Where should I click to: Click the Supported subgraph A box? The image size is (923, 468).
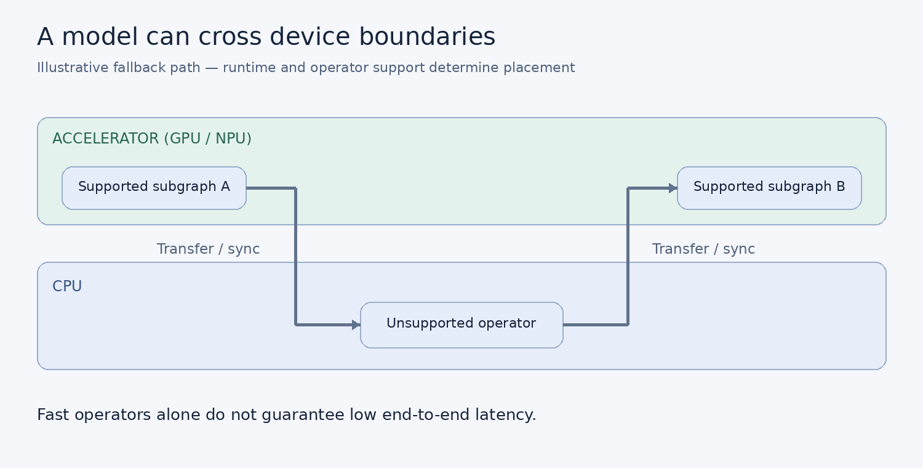coord(154,188)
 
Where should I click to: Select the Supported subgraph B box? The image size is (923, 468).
coord(769,188)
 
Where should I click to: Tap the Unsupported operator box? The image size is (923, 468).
coord(461,325)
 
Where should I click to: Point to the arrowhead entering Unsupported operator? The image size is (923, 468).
coord(356,325)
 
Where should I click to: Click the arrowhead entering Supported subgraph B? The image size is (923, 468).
coord(673,188)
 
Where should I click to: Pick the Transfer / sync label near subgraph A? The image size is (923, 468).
coord(208,249)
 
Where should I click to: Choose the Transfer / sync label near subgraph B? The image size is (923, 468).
coord(703,249)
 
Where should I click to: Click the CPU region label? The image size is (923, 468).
coord(67,286)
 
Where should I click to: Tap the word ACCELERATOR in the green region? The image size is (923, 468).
coord(105,139)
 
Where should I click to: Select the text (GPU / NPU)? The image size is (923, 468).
coord(208,139)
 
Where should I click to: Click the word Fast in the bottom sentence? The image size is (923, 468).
coord(53,414)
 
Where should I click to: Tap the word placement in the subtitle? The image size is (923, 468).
coord(539,68)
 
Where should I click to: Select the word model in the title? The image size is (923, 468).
coord(100,36)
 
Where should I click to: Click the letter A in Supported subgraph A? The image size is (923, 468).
coord(225,187)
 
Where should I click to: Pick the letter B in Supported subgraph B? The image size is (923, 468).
coord(841,187)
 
